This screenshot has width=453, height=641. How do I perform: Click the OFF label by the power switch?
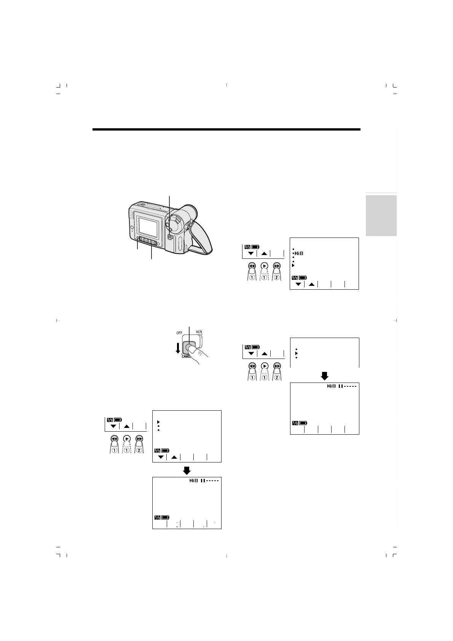179,333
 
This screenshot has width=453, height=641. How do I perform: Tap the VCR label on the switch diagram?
199,332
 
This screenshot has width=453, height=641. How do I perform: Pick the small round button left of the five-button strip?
137,239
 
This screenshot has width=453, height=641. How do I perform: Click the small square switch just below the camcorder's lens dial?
170,237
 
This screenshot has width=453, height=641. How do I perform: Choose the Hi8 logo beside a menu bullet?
298,253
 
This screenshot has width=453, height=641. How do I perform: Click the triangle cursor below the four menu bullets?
293,265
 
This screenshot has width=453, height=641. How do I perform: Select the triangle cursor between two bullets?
296,353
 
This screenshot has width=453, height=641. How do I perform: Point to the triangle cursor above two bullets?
158,422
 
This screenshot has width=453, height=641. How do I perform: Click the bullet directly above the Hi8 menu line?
293,249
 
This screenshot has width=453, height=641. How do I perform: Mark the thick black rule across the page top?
226,129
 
